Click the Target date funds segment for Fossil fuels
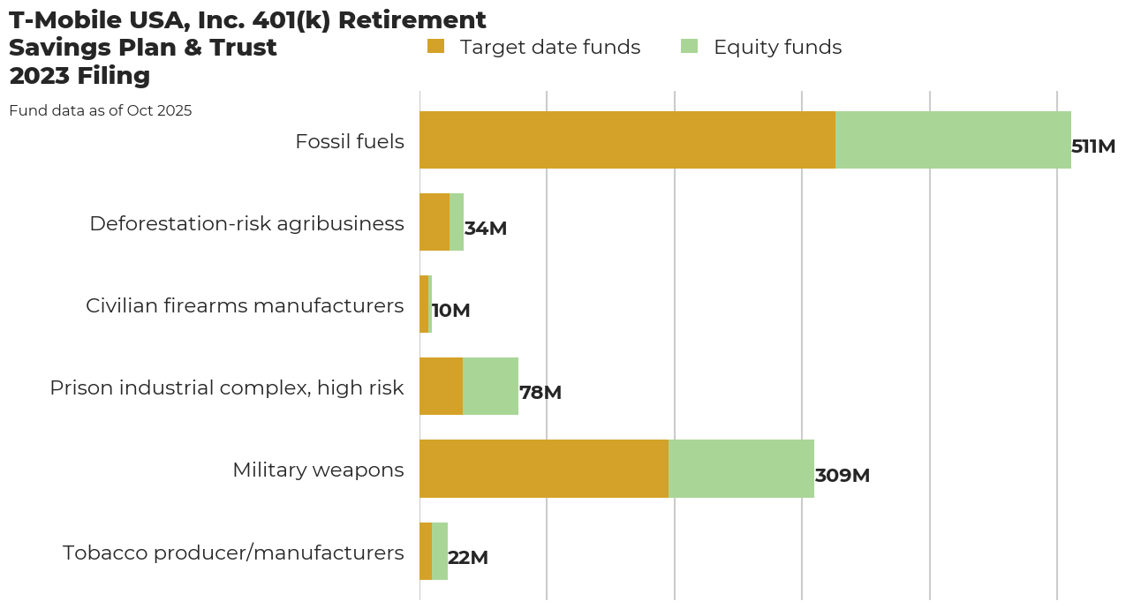(x=627, y=139)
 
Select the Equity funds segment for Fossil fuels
(x=953, y=139)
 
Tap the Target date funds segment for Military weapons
(x=544, y=469)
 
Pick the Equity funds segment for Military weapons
(x=741, y=469)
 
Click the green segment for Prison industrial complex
(x=490, y=387)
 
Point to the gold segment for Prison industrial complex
(x=441, y=387)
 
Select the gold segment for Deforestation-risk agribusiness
(x=435, y=222)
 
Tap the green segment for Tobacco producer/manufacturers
(x=440, y=551)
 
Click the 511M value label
(x=1093, y=147)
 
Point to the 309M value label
(x=842, y=476)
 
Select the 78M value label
(x=540, y=393)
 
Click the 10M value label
(x=450, y=311)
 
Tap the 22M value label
(x=468, y=558)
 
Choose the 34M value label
(x=486, y=229)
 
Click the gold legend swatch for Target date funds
(x=435, y=46)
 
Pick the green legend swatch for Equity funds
(x=690, y=46)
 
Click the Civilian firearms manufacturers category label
(x=245, y=305)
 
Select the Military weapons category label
(x=318, y=470)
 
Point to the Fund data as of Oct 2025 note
(x=100, y=111)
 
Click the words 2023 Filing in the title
(x=79, y=76)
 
